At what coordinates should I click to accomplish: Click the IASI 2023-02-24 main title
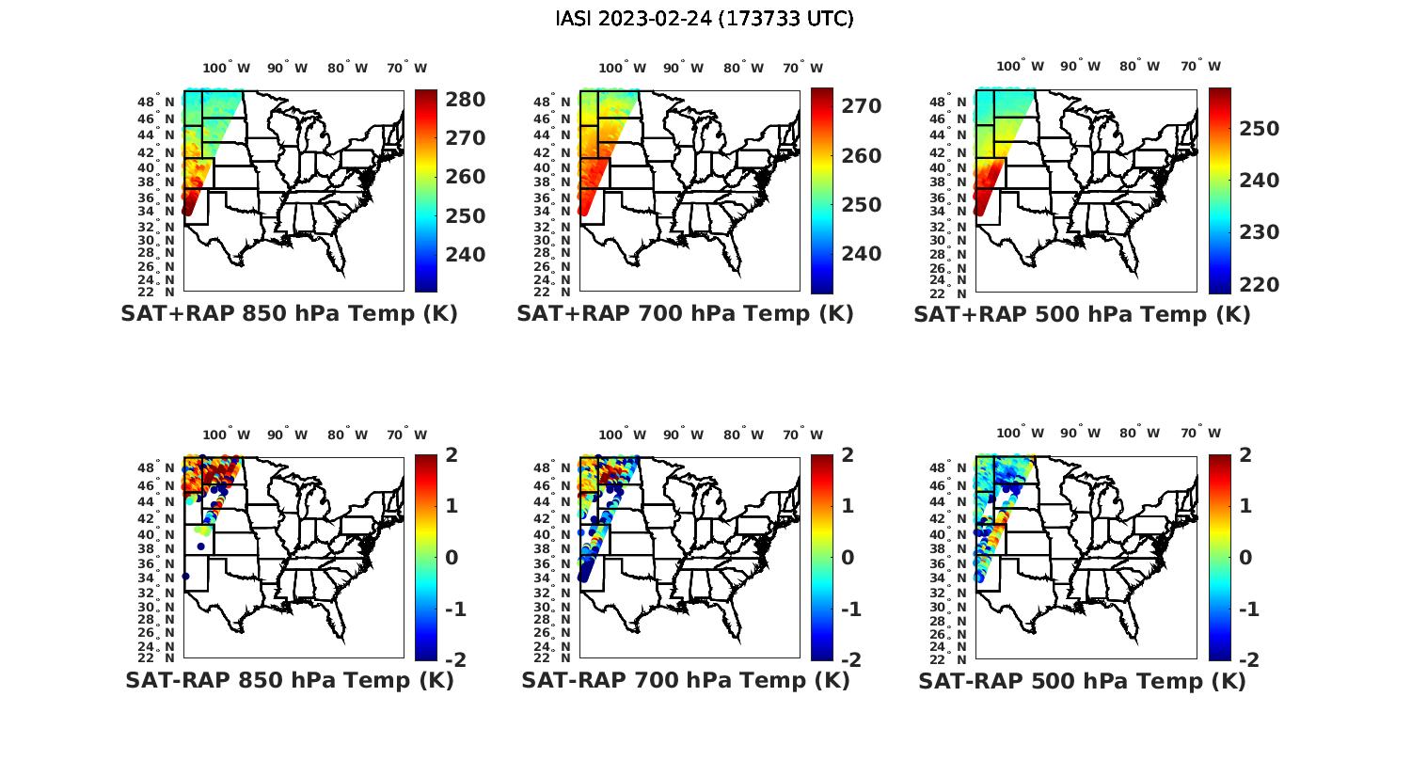tap(705, 19)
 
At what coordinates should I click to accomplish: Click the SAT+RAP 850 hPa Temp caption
tap(289, 314)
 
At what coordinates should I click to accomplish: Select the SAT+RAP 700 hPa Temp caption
tap(685, 314)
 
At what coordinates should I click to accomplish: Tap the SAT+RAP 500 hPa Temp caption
tap(1082, 314)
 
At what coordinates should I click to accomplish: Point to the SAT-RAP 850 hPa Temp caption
tap(289, 680)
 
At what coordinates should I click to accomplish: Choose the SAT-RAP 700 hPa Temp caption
tap(685, 680)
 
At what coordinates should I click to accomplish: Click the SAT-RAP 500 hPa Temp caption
tap(1082, 680)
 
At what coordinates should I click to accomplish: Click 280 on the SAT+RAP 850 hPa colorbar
tap(465, 100)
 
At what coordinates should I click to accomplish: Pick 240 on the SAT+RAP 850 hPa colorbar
tap(465, 254)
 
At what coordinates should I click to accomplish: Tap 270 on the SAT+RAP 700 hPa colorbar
tap(861, 106)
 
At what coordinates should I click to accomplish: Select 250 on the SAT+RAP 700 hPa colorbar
tap(861, 204)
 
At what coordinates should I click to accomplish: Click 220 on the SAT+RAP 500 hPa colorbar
tap(1259, 284)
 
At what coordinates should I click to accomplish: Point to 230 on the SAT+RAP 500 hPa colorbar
tap(1259, 231)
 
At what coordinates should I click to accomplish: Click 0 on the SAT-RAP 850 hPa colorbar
tap(451, 557)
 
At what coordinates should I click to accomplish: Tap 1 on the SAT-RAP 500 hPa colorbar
tap(1245, 506)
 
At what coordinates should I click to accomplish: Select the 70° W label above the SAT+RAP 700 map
tap(801, 68)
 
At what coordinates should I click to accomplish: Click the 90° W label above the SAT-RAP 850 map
tap(287, 435)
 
